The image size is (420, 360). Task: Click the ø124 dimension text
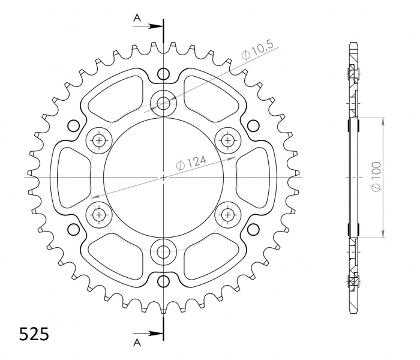[x=191, y=163]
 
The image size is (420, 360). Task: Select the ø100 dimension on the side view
[x=376, y=177]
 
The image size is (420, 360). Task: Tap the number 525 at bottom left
[x=34, y=334]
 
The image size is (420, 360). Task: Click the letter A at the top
[x=137, y=17]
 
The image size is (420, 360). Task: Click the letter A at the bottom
[x=137, y=343]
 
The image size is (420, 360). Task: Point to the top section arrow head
[x=156, y=26]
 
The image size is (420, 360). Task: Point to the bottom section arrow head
[x=156, y=334]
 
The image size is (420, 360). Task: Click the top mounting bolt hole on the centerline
[x=163, y=103]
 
